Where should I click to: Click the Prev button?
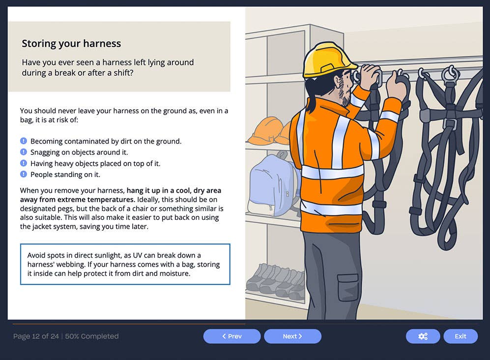pos(232,336)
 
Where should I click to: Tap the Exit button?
pos(461,336)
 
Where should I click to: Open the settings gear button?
pos(423,336)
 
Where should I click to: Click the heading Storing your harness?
pos(71,43)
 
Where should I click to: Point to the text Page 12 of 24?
pos(36,336)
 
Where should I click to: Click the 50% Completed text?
pos(92,336)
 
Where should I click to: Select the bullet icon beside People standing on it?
pos(23,174)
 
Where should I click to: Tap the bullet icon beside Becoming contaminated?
pos(23,141)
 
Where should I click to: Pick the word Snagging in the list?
pos(46,152)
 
